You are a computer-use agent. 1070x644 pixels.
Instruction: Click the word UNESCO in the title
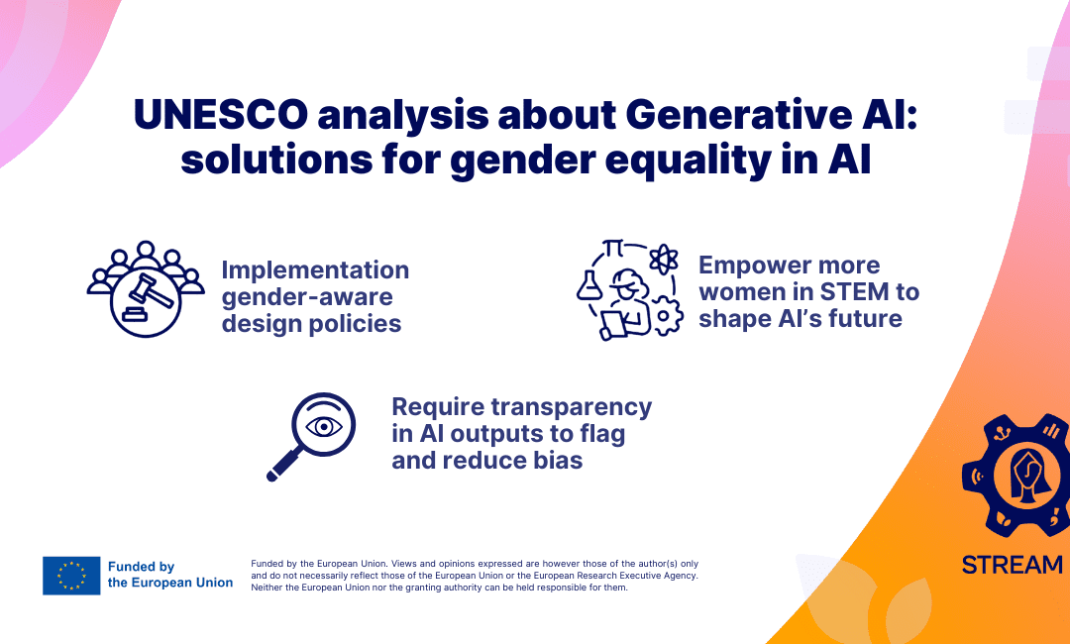220,114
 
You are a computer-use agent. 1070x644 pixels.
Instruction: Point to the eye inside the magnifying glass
324,426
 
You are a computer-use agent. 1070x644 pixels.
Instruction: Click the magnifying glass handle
282,464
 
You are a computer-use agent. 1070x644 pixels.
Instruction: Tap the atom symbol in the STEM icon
663,260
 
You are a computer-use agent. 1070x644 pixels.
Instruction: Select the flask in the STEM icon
588,285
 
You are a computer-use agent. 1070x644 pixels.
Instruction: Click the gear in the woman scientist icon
667,316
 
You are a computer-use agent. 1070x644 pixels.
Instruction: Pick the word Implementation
315,270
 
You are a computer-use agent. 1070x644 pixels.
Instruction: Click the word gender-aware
307,297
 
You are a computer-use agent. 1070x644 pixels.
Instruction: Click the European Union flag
71,575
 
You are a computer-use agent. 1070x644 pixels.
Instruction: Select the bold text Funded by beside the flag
142,567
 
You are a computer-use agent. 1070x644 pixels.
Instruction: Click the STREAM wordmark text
1012,565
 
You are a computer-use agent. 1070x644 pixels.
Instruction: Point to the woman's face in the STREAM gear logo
1027,470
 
